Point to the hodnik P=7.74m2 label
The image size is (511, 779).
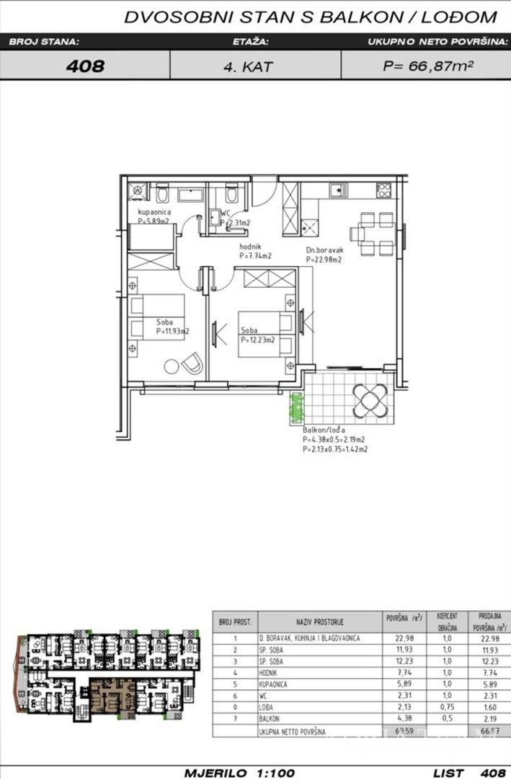coord(255,251)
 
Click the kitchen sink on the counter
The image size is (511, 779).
coord(337,190)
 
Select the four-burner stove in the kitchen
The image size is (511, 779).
coord(383,190)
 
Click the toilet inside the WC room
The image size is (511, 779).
coord(231,194)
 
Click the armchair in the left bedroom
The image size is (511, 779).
coord(192,364)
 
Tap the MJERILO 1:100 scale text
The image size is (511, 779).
coord(240,772)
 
